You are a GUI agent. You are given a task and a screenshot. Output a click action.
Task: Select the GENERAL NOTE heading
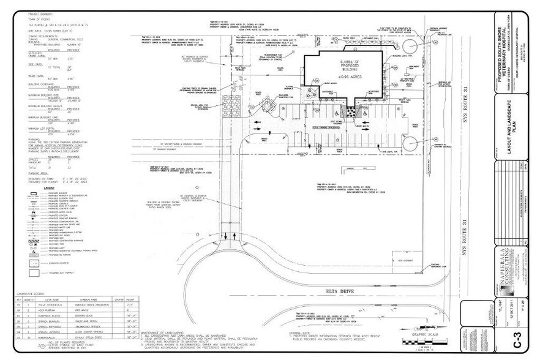[301, 332]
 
